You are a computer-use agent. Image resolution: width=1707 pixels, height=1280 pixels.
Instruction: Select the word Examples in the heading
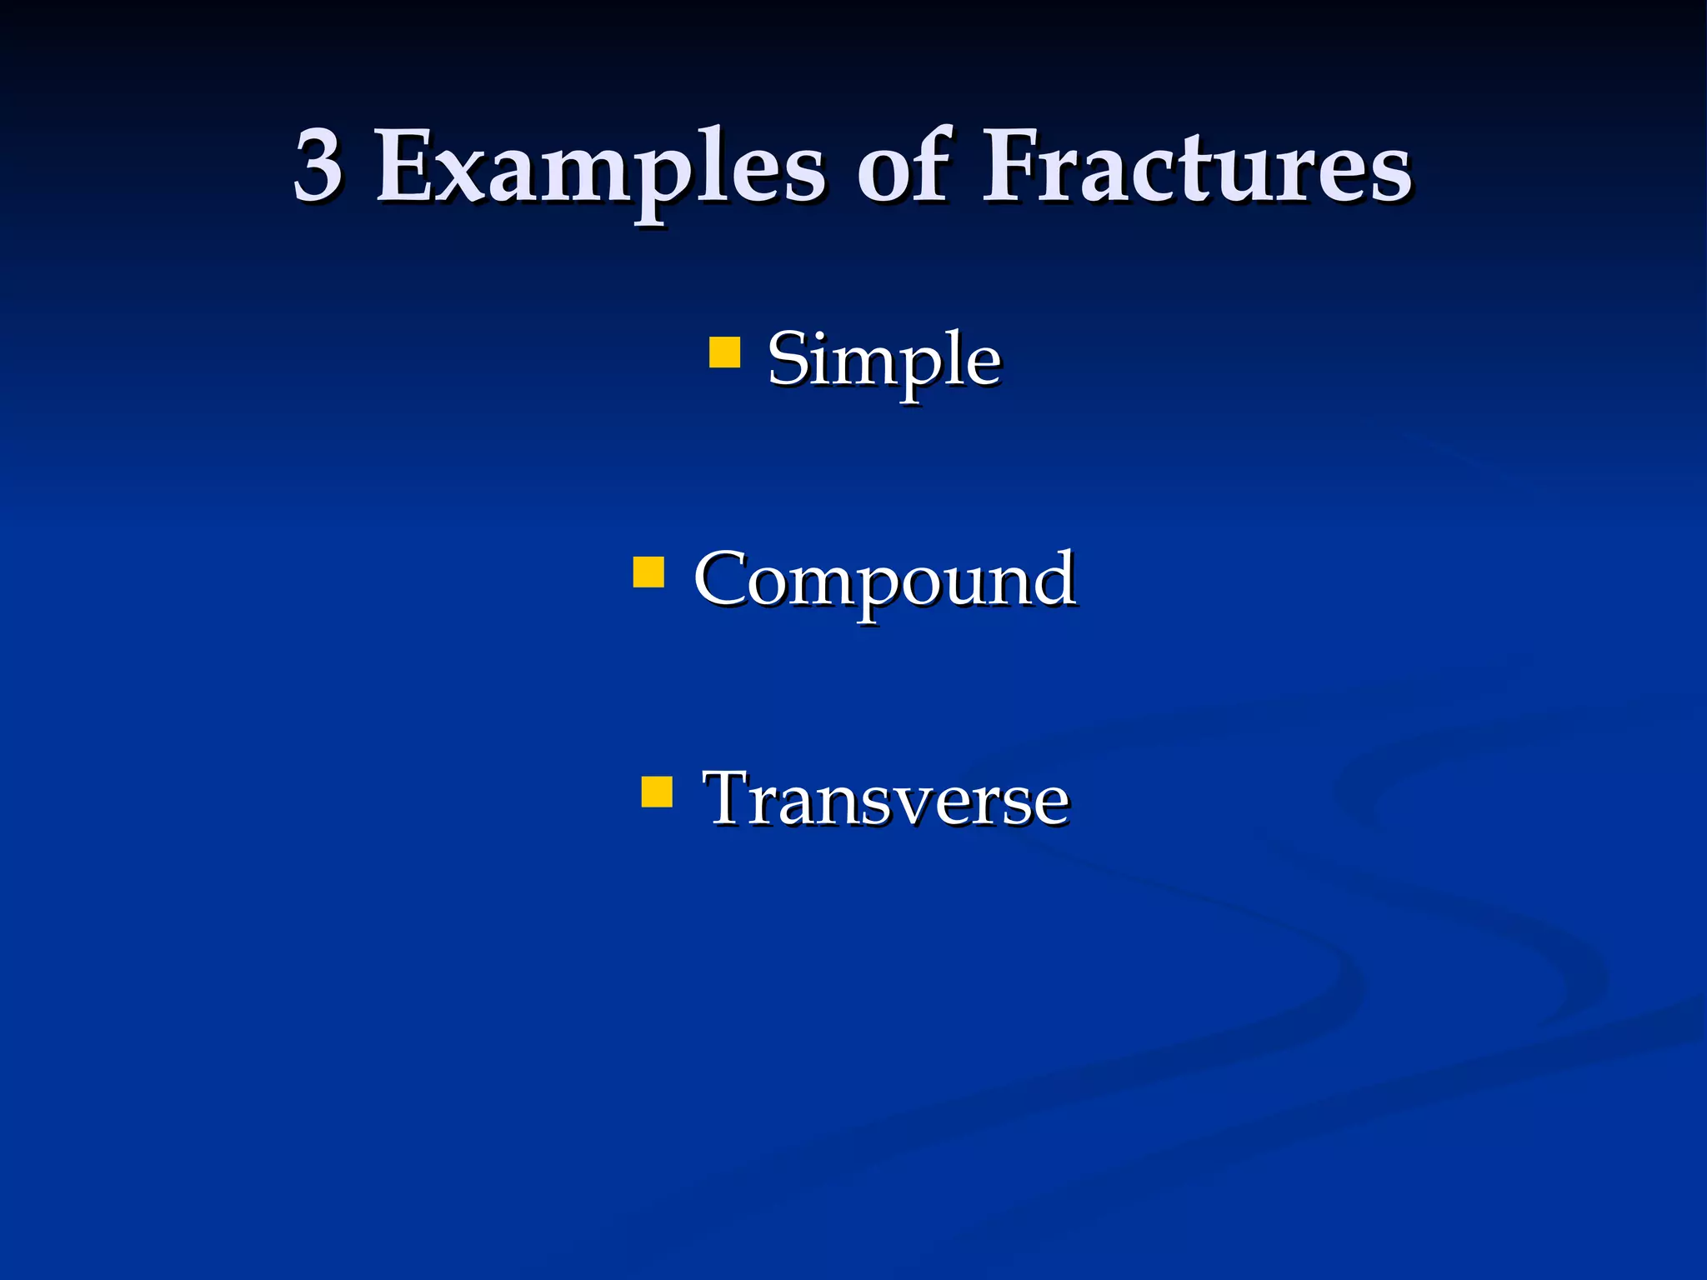(598, 167)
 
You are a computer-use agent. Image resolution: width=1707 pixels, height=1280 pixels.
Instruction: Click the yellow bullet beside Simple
(724, 352)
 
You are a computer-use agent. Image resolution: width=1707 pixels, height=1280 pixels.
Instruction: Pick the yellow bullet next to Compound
(648, 572)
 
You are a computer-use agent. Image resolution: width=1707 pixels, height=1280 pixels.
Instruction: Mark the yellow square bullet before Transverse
(657, 792)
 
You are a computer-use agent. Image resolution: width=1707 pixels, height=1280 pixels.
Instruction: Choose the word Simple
(884, 359)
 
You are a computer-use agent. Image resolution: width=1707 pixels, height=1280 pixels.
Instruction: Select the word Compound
(884, 581)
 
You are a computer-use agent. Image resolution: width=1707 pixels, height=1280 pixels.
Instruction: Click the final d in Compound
(1054, 577)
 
